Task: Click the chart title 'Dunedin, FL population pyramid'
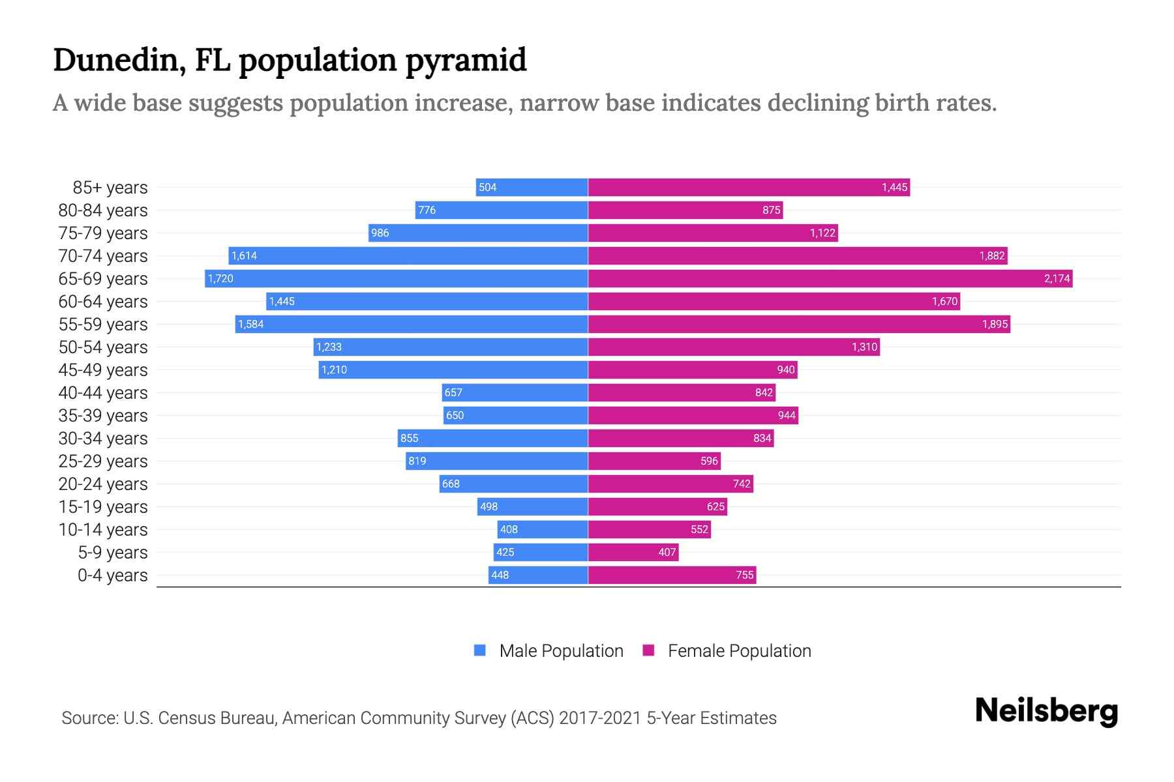289,60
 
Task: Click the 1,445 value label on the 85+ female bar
894,188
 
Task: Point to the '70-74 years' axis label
103,256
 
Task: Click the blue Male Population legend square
480,650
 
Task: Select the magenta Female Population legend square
648,650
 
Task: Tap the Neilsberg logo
1046,711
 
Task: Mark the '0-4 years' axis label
112,575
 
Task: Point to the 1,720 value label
220,279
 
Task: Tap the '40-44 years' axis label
103,393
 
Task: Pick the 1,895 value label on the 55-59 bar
995,325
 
